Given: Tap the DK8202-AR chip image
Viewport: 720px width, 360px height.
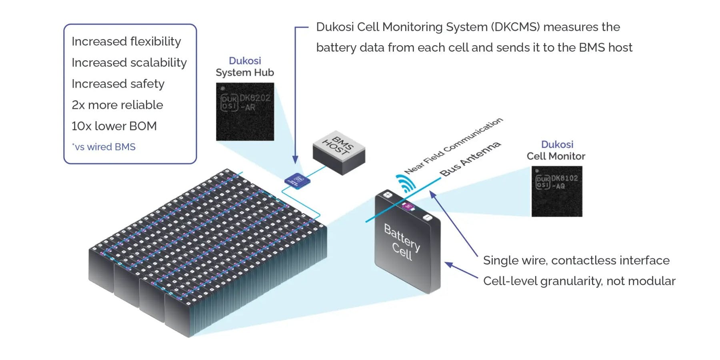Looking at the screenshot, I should tap(245, 112).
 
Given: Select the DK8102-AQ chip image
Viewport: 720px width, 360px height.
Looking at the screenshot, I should tap(556, 192).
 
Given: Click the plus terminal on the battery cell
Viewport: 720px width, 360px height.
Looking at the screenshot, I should tap(387, 195).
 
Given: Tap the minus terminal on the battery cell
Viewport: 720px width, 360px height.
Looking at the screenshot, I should tap(427, 217).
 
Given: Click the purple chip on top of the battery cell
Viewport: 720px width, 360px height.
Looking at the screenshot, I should tap(408, 206).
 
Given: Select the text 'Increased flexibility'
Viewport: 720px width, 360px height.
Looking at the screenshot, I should tap(126, 41).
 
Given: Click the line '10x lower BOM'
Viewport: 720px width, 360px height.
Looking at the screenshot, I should tap(114, 126).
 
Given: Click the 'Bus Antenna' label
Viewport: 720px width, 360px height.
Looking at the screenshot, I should tap(470, 159).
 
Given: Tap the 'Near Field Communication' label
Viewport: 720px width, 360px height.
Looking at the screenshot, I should tap(453, 146).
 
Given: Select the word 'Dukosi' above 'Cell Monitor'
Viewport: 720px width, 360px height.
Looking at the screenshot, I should tap(557, 144).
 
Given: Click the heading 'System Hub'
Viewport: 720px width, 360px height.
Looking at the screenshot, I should tap(245, 73).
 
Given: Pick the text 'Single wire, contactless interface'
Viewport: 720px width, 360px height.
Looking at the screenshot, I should tap(576, 260).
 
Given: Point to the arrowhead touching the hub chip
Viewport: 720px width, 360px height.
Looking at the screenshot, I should tap(295, 160).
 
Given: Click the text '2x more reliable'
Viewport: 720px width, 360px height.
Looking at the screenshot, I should tap(117, 105).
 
